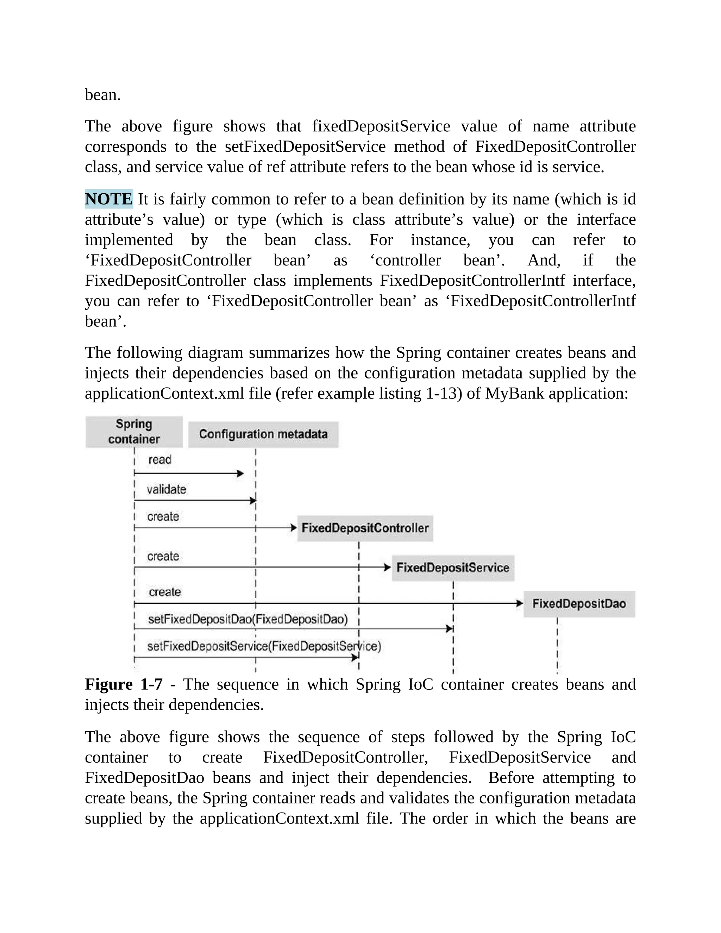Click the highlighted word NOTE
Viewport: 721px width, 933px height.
pyautogui.click(x=109, y=199)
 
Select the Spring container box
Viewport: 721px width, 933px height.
pyautogui.click(x=134, y=432)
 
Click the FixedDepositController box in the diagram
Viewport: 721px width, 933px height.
pyautogui.click(x=365, y=528)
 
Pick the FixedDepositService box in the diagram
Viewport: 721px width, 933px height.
pyautogui.click(x=453, y=568)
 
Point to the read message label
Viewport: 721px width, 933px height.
pyautogui.click(x=160, y=460)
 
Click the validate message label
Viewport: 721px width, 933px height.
pyautogui.click(x=166, y=489)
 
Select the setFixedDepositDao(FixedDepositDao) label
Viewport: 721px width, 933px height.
pyautogui.click(x=248, y=619)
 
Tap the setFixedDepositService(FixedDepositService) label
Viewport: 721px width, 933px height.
pyautogui.click(x=264, y=646)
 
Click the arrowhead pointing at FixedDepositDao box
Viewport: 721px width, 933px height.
pyautogui.click(x=519, y=603)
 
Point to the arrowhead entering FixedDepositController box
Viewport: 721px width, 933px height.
pyautogui.click(x=294, y=528)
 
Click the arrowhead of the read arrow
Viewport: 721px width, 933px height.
pyautogui.click(x=240, y=473)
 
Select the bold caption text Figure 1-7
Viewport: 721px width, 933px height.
pyautogui.click(x=124, y=684)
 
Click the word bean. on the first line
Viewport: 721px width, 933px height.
pyautogui.click(x=103, y=95)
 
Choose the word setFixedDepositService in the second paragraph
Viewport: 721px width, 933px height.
pyautogui.click(x=305, y=146)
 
